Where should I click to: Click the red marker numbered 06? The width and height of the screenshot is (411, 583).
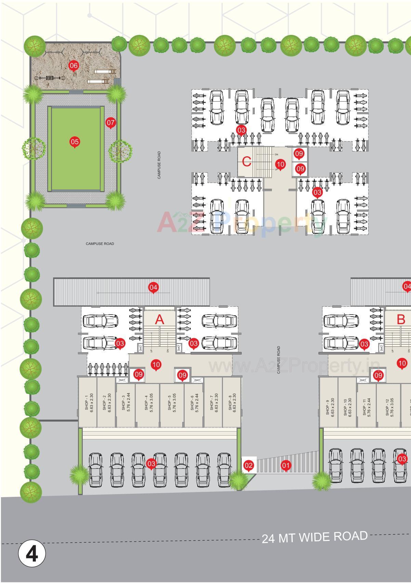(74, 65)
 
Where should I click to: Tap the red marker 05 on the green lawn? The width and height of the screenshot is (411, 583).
(75, 142)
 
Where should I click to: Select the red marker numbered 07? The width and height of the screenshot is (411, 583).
(110, 122)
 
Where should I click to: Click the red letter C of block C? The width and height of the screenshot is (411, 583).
(247, 161)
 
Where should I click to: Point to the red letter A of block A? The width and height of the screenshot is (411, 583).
(160, 319)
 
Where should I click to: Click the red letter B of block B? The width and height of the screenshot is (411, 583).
(401, 319)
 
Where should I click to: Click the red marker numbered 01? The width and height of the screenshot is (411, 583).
(286, 465)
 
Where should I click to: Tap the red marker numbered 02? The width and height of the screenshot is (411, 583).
(249, 465)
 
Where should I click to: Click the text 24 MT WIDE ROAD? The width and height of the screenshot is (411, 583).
(315, 537)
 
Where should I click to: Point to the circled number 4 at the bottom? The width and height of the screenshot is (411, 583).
(32, 554)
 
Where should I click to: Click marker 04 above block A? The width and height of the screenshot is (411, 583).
(153, 287)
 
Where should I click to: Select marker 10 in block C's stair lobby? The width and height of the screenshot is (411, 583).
(280, 164)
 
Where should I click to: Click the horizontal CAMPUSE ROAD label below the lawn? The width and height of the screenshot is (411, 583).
(100, 244)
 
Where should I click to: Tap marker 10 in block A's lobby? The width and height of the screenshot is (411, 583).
(156, 365)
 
